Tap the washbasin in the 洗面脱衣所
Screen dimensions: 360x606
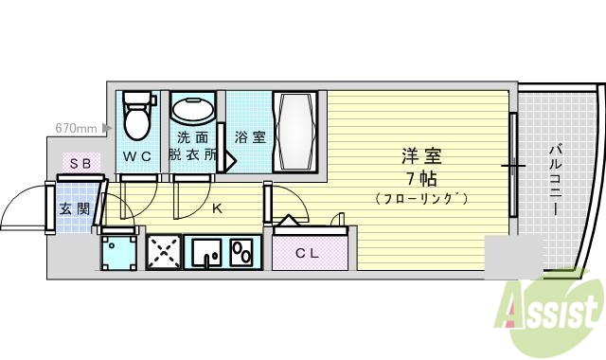pos(193,109)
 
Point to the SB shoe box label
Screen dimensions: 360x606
pos(79,163)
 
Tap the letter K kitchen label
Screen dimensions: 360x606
pos(216,207)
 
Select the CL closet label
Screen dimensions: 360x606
pos(306,252)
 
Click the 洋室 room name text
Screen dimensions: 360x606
pos(420,155)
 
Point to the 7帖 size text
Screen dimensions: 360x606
pos(420,177)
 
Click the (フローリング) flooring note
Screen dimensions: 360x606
pos(420,198)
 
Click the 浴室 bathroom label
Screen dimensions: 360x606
pos(250,135)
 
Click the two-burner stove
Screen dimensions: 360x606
pos(242,253)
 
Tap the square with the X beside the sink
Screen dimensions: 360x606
pos(163,252)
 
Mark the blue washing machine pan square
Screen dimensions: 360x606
pos(119,252)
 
